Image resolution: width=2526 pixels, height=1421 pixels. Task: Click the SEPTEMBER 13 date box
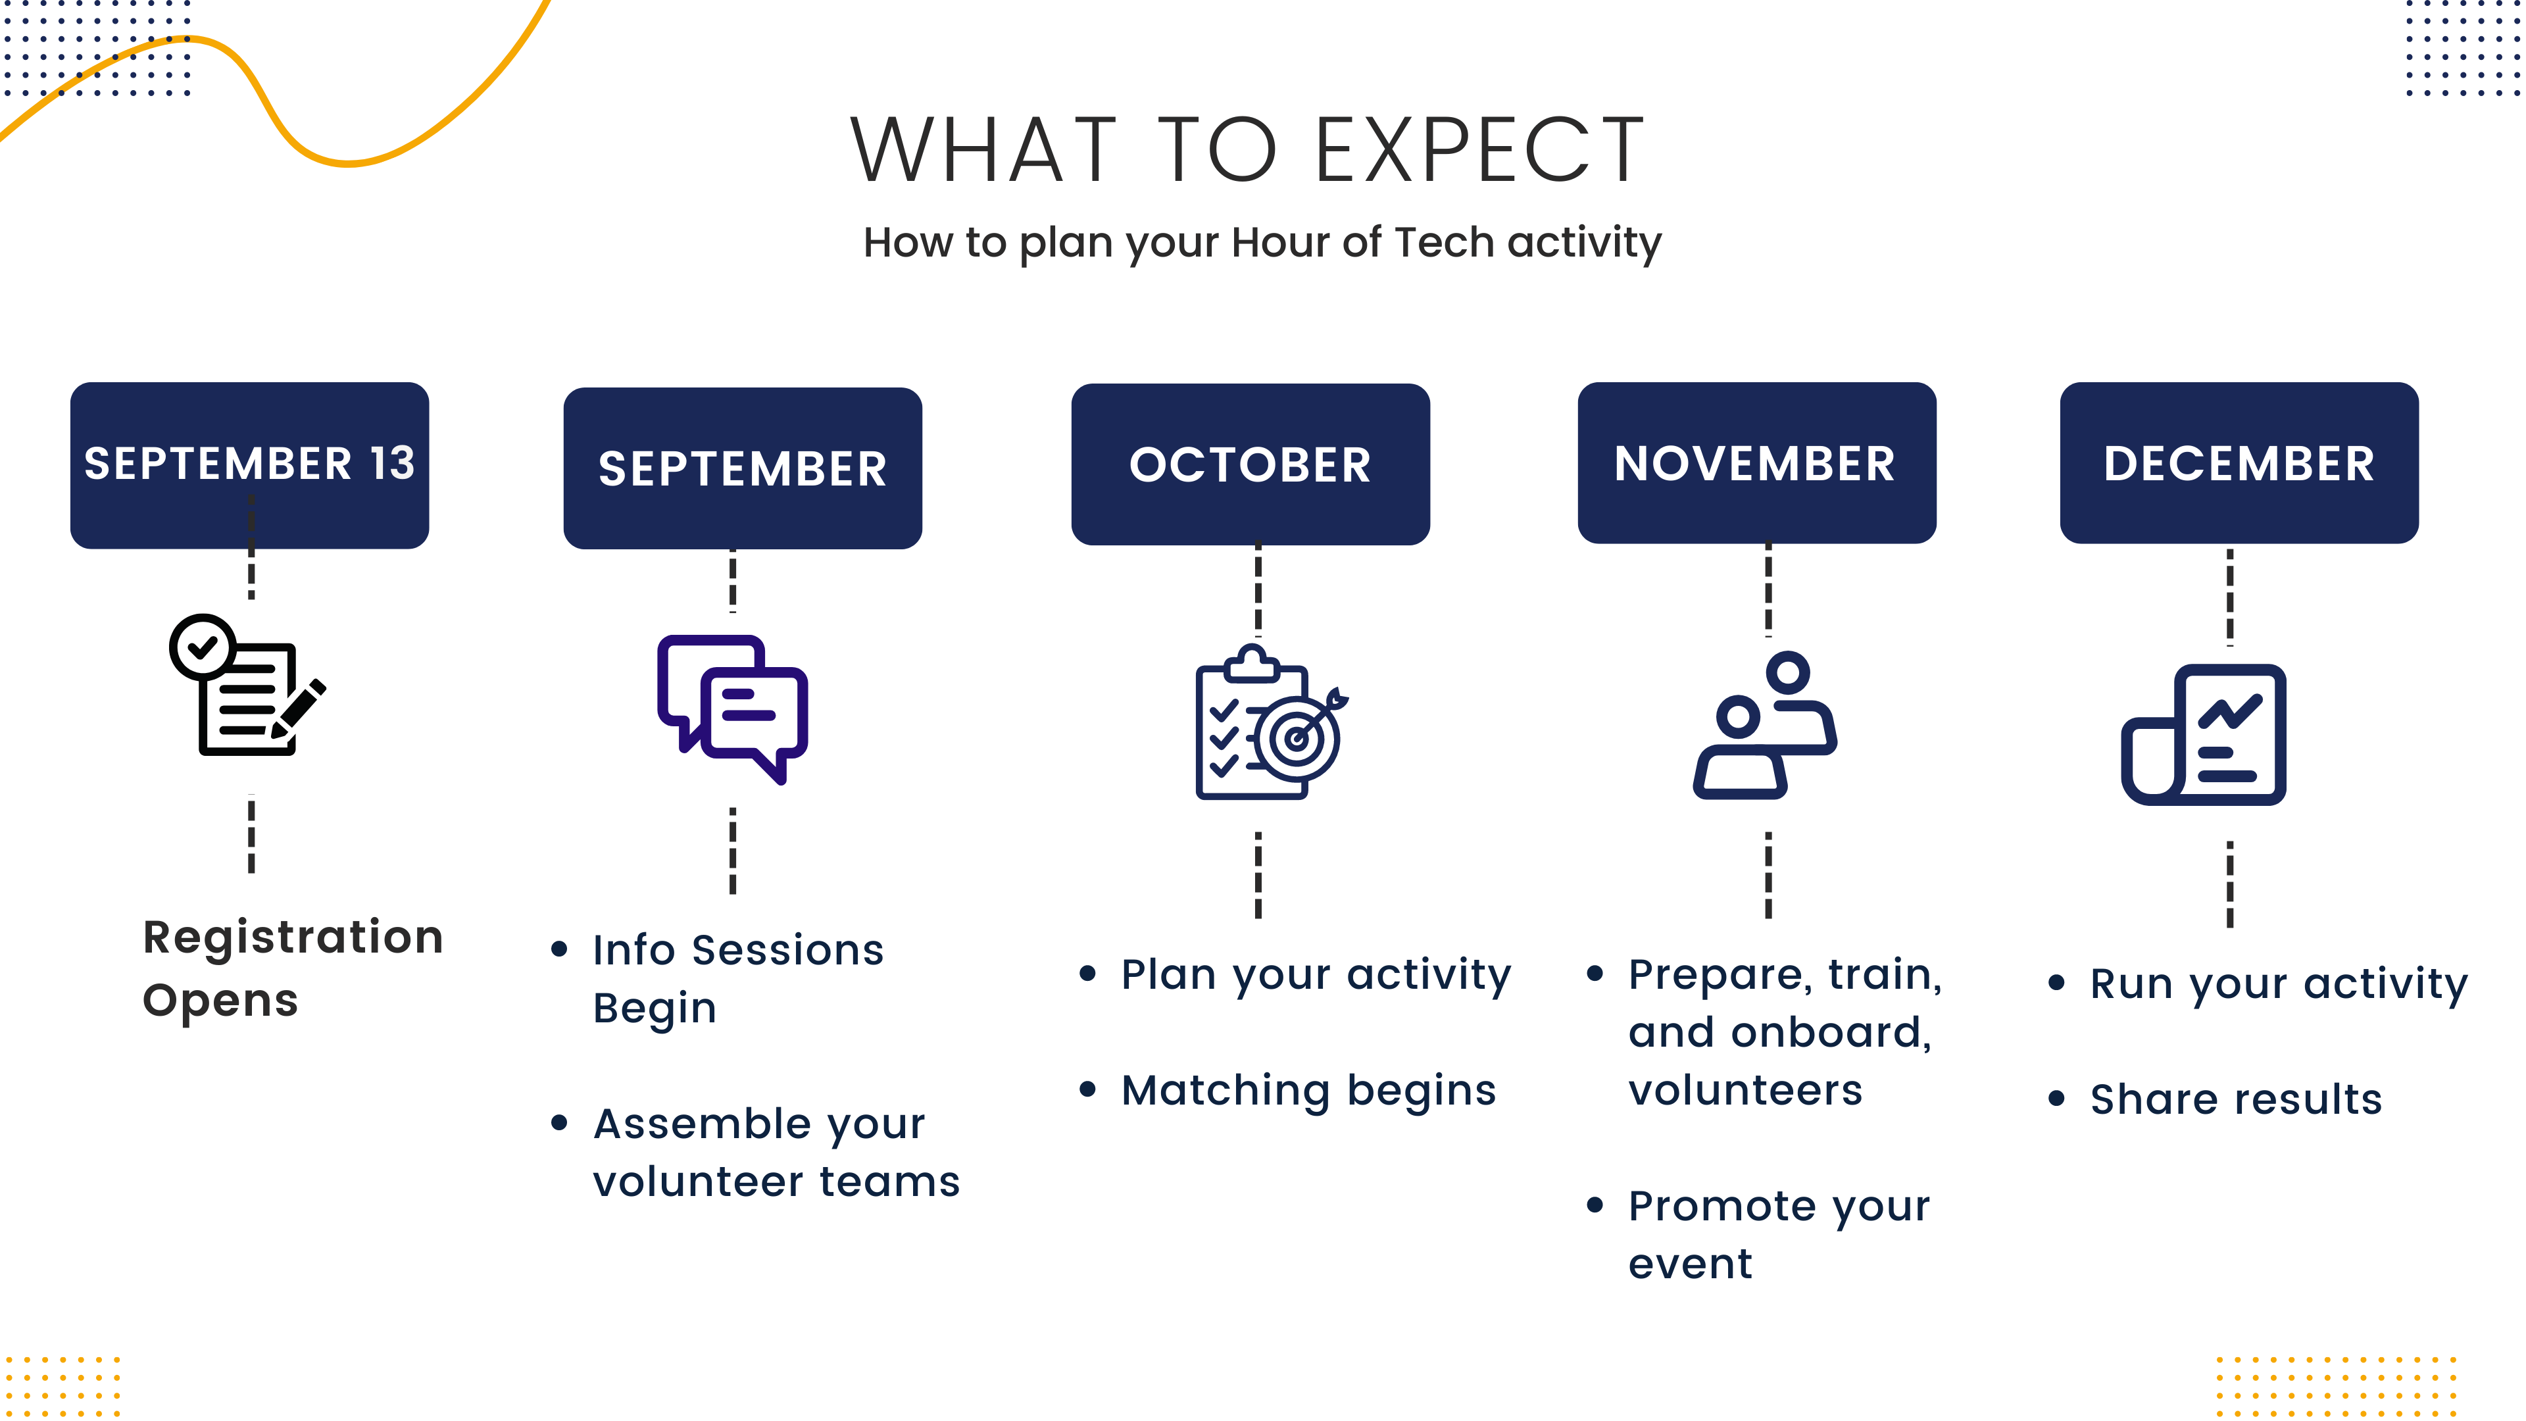(249, 465)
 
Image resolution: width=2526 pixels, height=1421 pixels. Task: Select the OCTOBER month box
(1251, 464)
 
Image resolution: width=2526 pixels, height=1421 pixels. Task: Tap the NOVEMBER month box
(1756, 463)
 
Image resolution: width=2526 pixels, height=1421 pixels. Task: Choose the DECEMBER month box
(2239, 463)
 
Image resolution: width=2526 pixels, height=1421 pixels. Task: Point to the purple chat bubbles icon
(733, 709)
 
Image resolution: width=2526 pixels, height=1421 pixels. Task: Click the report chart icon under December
(2204, 735)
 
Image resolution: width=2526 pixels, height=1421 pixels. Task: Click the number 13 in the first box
(392, 463)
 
